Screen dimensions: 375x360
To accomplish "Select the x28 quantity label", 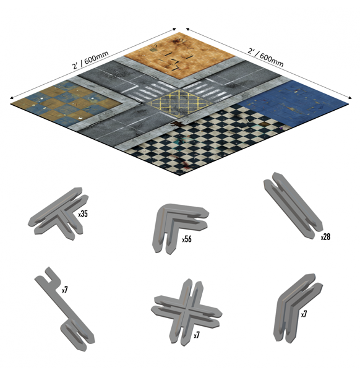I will [326, 236].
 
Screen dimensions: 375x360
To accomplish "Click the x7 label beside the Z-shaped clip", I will [66, 289].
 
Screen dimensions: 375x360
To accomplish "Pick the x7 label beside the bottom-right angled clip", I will [304, 314].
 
